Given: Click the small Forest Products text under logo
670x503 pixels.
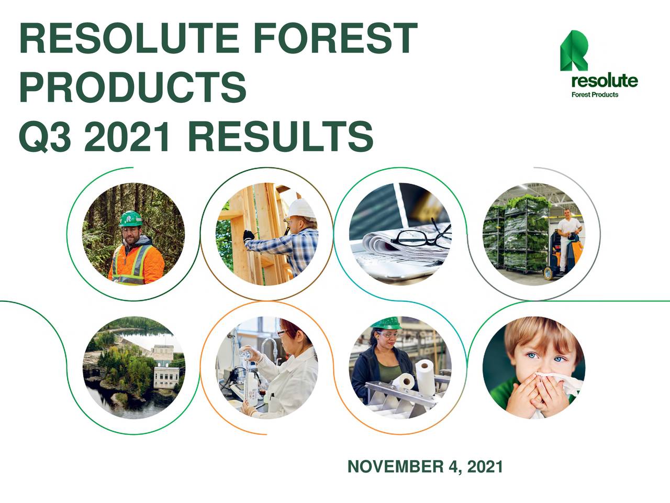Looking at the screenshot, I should tap(595, 95).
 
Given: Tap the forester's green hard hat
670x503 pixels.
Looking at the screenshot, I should tap(130, 218).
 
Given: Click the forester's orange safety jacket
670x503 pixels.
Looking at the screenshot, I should tap(136, 265).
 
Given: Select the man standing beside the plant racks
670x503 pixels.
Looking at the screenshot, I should tap(567, 231).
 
